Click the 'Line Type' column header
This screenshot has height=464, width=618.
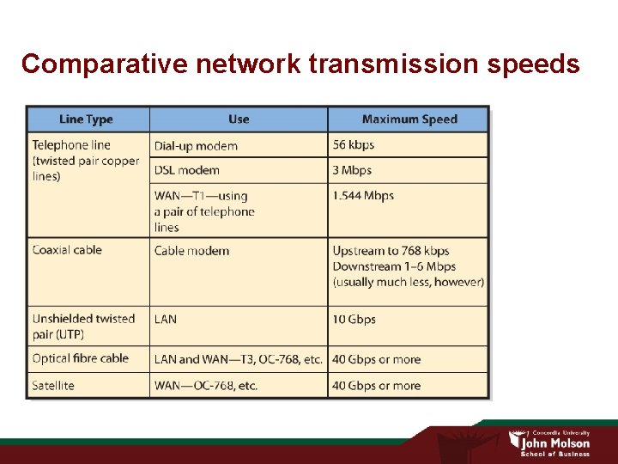[86, 119]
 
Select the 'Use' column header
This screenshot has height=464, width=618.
[239, 119]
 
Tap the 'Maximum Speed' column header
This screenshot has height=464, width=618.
[409, 119]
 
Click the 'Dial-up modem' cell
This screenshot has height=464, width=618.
[196, 146]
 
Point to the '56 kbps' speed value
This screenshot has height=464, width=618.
[354, 145]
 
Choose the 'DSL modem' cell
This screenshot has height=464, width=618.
[186, 170]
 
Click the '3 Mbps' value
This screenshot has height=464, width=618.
[352, 170]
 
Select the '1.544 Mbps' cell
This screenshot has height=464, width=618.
[363, 196]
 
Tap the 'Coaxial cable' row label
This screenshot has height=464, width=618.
[67, 250]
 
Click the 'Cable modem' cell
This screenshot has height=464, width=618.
[191, 251]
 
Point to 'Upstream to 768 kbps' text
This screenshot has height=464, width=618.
[391, 251]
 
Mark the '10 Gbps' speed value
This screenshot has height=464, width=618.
[354, 319]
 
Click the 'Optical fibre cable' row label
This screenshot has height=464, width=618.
[80, 358]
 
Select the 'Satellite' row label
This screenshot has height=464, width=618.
[53, 386]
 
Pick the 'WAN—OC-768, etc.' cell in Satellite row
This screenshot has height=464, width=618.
[206, 386]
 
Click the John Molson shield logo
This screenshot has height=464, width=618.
[514, 440]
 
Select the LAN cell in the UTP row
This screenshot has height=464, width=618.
[166, 319]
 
